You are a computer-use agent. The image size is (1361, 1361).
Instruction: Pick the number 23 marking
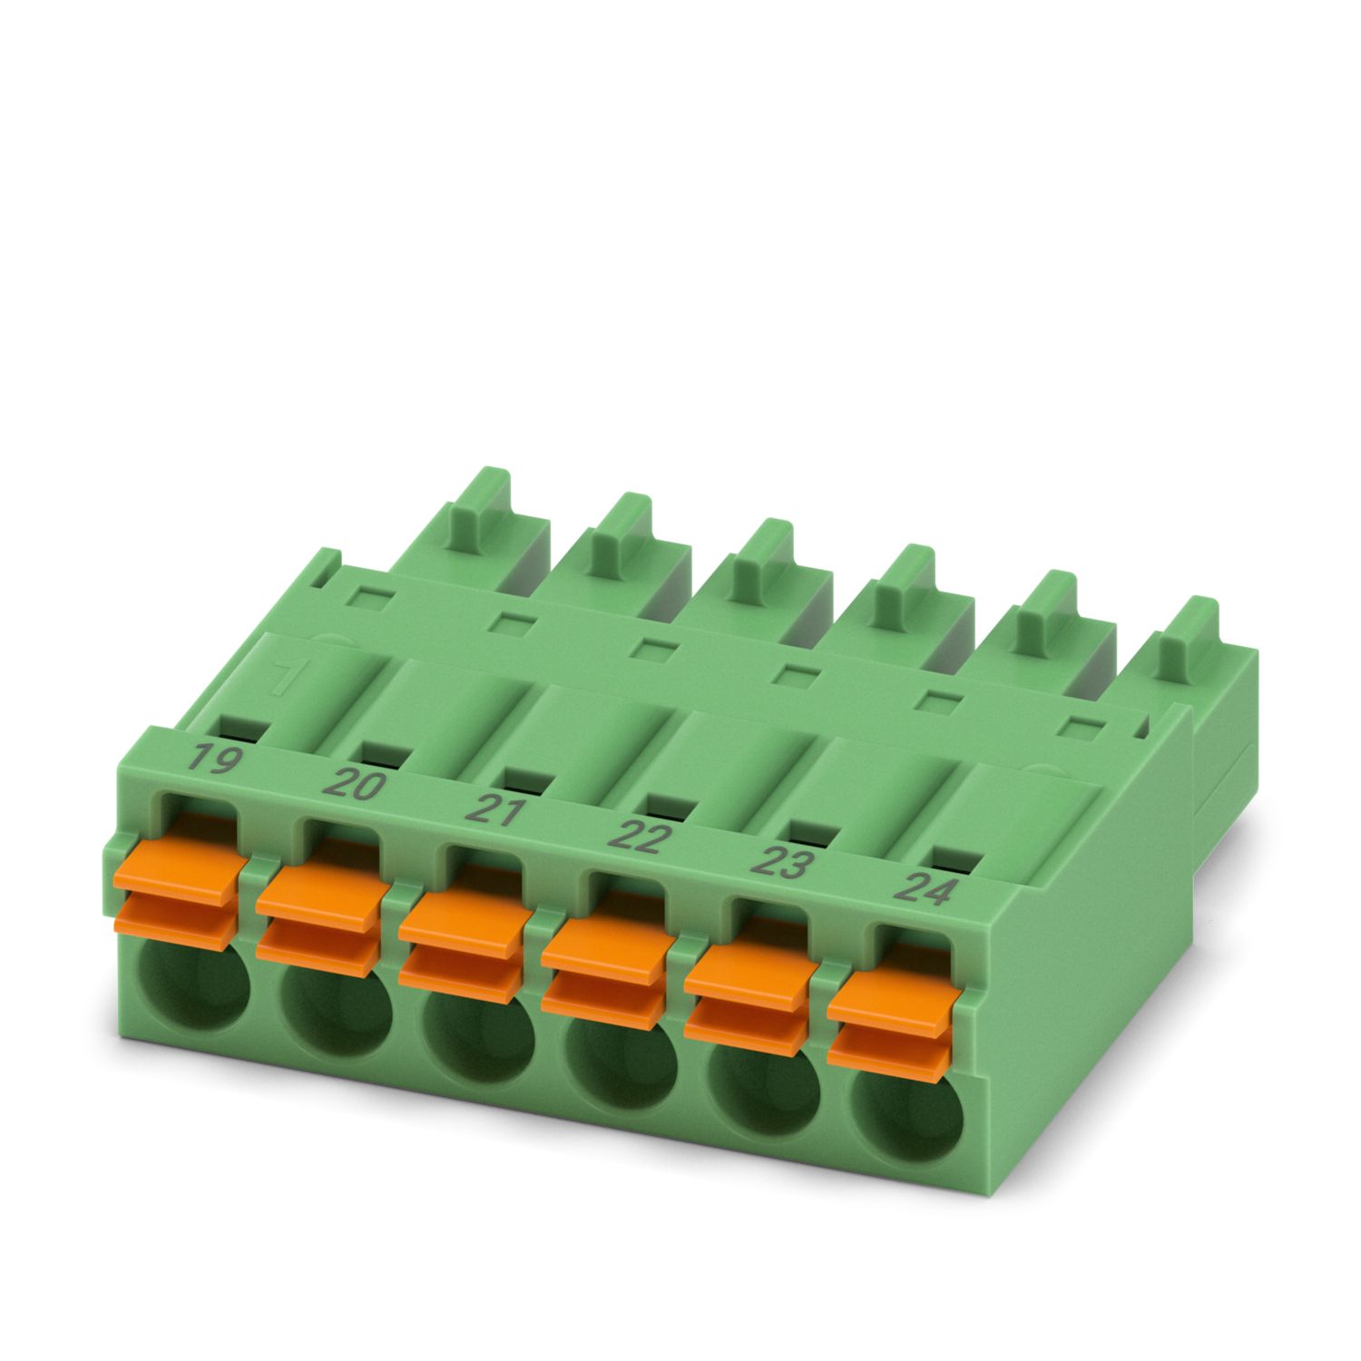tap(781, 861)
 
